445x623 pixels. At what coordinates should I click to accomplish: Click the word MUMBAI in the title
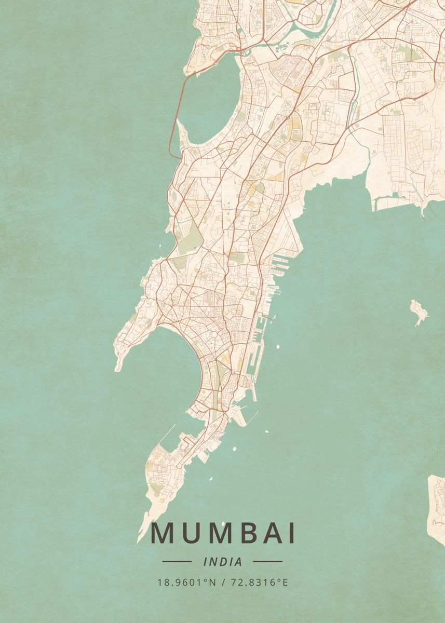point(223,534)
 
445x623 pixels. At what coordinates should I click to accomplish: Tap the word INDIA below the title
point(223,562)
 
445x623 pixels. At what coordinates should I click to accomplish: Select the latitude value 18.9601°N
point(186,582)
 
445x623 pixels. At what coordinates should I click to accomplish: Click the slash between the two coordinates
point(223,582)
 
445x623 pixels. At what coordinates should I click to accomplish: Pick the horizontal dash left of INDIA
point(177,561)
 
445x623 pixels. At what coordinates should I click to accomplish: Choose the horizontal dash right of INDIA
point(267,561)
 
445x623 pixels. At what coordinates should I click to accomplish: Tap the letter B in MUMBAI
point(239,534)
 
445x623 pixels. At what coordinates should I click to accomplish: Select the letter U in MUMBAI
point(188,534)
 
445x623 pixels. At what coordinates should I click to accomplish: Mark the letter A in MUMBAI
point(266,534)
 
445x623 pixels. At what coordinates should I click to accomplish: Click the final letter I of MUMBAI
point(292,534)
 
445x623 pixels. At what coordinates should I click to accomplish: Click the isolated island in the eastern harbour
point(419,311)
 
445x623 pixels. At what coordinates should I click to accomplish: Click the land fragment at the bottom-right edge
point(436,509)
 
